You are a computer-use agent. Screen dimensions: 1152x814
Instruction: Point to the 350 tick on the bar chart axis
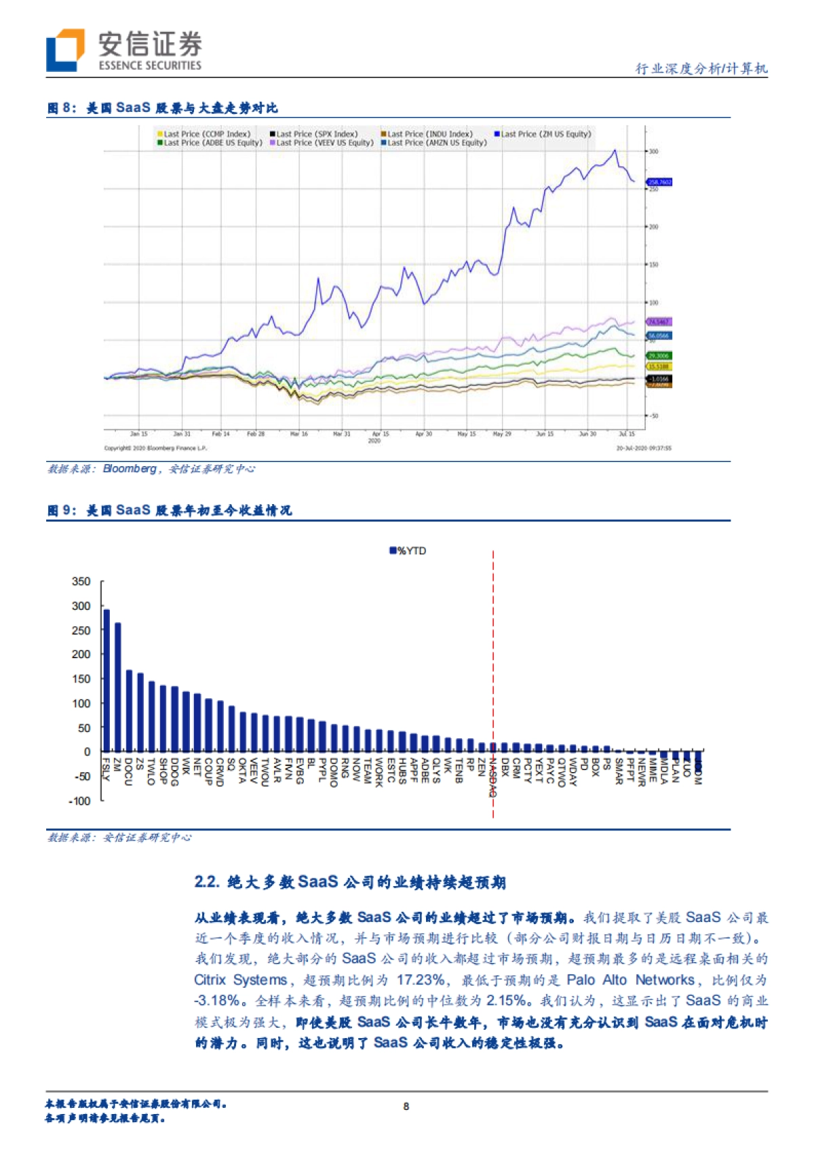81,581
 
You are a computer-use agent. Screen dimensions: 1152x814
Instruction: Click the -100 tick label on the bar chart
80,801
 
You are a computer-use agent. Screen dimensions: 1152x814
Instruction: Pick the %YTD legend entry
408,551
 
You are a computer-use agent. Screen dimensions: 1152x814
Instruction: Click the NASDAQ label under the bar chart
493,777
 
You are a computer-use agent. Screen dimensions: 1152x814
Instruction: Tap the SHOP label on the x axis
163,771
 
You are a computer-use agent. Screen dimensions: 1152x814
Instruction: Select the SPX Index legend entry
313,134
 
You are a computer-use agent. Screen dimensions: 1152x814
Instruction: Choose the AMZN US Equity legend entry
433,143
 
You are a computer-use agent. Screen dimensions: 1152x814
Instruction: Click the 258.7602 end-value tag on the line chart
659,182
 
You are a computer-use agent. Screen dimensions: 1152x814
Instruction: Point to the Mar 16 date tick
299,434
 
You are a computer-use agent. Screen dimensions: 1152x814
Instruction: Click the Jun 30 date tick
587,434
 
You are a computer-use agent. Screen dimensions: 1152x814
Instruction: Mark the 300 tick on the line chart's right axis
653,151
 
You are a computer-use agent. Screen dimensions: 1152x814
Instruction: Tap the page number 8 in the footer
406,1106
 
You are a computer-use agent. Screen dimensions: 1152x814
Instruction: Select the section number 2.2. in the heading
207,882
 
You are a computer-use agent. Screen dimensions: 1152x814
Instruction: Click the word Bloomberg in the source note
130,469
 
